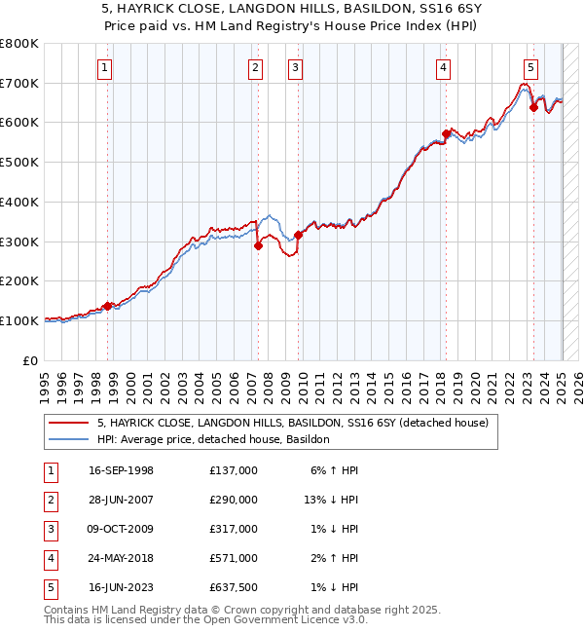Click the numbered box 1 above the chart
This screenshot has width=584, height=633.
(104, 67)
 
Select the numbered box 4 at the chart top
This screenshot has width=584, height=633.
(443, 67)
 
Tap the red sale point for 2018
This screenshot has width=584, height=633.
(445, 133)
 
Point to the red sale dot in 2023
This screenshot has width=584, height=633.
(533, 107)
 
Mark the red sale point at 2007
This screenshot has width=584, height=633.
(258, 245)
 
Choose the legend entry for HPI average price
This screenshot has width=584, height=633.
(213, 439)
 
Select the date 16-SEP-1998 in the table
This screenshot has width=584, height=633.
(122, 470)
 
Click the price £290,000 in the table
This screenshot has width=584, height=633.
(234, 500)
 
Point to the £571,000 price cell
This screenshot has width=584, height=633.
(234, 558)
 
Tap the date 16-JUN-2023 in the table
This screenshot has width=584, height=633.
(122, 587)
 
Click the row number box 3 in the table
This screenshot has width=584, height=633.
(49, 529)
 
